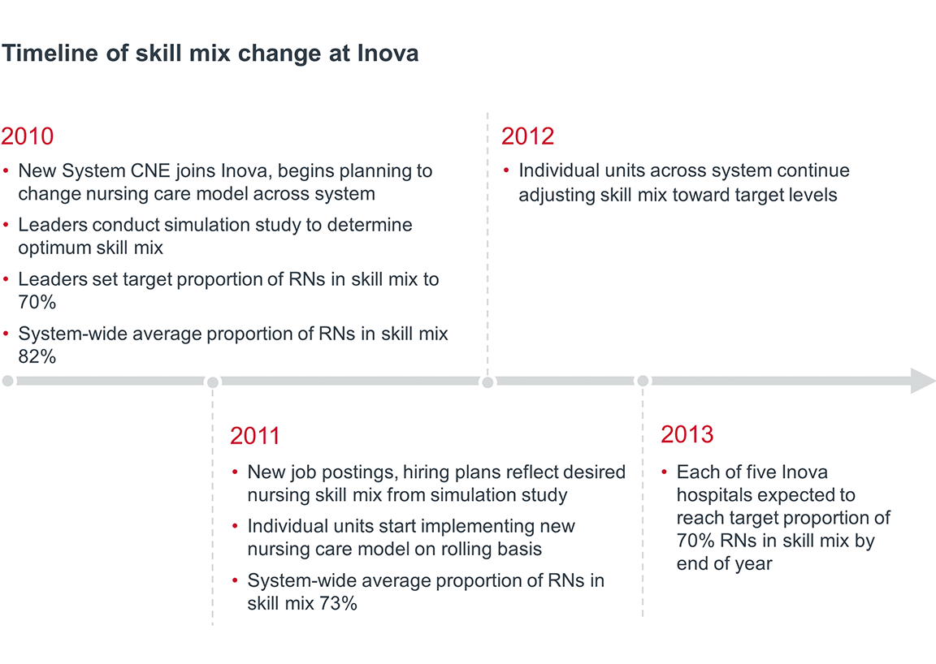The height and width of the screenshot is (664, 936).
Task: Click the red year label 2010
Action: (28, 136)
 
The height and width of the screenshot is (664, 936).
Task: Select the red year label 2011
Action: (254, 436)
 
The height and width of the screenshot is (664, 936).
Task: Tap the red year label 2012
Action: (527, 136)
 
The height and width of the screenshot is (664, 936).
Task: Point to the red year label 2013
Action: (687, 434)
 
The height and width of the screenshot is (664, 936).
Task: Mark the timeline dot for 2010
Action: (8, 381)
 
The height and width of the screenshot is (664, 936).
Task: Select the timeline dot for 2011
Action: (213, 382)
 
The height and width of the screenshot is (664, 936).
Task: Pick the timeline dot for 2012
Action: (487, 382)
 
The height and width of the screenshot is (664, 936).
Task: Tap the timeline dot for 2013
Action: (643, 381)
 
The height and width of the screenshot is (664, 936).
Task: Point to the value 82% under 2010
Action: (37, 356)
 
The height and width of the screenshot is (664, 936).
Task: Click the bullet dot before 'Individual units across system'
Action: (506, 171)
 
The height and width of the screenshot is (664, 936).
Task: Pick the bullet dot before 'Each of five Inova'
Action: (665, 472)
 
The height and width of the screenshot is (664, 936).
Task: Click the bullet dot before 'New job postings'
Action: (236, 472)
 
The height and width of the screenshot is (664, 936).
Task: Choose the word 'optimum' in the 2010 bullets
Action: (53, 248)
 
